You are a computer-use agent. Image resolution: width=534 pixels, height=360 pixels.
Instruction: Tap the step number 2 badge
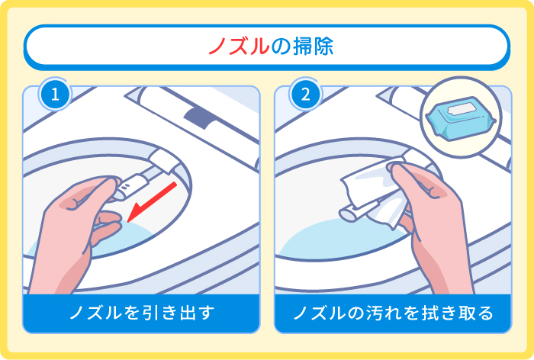305,95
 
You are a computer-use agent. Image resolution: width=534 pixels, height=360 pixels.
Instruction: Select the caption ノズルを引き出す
142,313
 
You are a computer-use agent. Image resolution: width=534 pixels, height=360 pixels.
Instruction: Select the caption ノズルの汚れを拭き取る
393,313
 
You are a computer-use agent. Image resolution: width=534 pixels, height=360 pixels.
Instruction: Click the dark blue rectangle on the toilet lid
200,114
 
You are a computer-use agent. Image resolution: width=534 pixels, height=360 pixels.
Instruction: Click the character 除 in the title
320,47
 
